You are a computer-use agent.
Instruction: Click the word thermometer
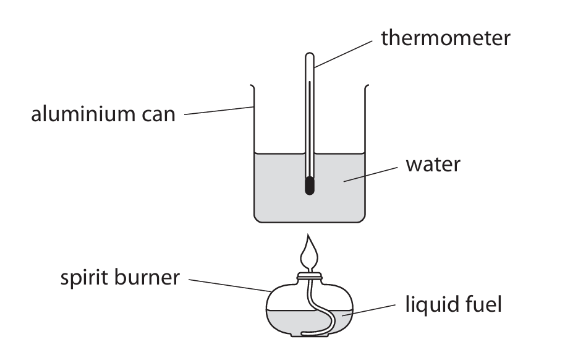[445, 38]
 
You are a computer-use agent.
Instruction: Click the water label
[433, 165]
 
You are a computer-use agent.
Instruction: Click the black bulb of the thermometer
[309, 186]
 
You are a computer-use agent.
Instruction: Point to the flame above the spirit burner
[308, 254]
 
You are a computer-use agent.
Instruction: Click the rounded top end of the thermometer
[309, 57]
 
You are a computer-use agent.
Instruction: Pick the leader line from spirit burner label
[229, 285]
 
